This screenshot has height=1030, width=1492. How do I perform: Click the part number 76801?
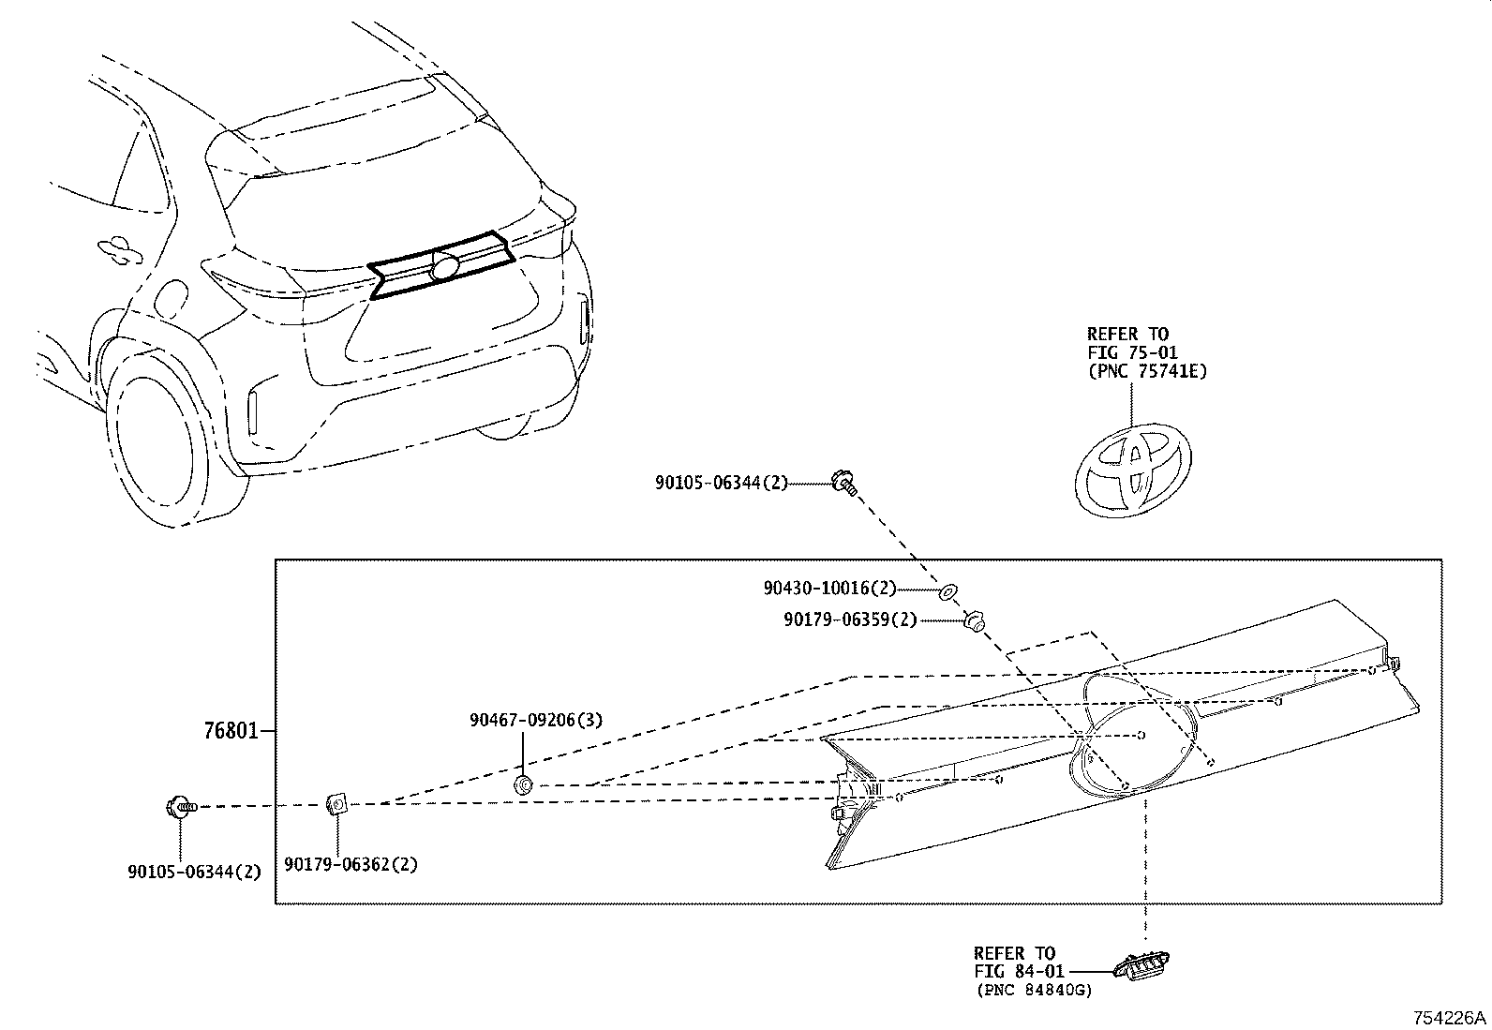pos(231,730)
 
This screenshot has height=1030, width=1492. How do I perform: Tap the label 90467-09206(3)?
pos(536,720)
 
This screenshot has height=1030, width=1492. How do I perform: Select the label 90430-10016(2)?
pos(829,590)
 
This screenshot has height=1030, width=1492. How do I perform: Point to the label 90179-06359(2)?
pos(850,619)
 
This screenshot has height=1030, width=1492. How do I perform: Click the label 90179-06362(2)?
pos(351,864)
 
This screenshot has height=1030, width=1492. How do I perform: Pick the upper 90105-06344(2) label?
pos(722,483)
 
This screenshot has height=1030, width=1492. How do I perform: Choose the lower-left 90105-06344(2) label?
pos(194,871)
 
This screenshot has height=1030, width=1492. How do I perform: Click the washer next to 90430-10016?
pos(947,591)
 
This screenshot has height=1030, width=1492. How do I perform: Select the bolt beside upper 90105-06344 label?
pos(844,484)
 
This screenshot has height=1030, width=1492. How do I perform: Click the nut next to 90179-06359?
pos(974,620)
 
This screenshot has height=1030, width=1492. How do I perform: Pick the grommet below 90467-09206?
pos(524,784)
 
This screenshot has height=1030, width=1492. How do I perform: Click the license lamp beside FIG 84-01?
pos(1141,963)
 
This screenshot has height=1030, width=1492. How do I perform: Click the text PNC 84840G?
pos(1033,991)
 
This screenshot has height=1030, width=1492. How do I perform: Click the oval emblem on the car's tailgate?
pos(445,265)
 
